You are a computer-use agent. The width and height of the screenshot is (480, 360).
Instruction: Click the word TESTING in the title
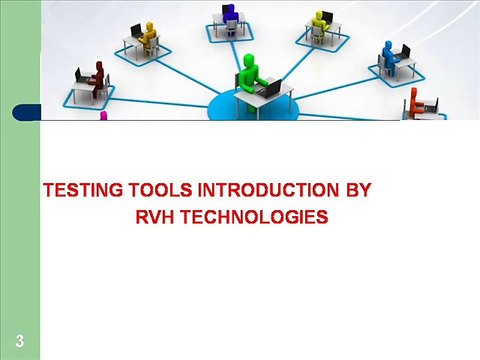(x=82, y=190)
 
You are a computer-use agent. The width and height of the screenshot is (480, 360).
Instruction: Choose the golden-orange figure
(x=150, y=34)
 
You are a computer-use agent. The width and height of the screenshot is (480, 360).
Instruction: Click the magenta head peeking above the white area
(x=102, y=116)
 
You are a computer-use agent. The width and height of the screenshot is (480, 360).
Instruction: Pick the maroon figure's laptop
(x=81, y=75)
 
